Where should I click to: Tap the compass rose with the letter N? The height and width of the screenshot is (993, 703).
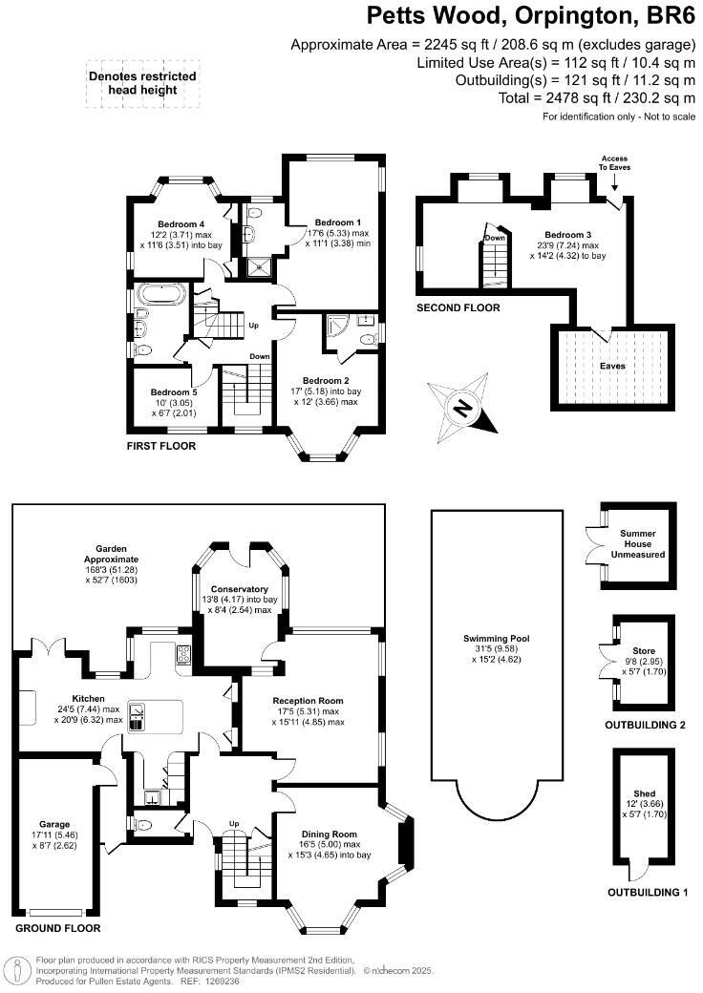[x=463, y=409]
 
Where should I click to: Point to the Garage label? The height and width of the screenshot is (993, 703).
[x=54, y=823]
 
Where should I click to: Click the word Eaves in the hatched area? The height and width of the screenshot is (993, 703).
[x=612, y=365]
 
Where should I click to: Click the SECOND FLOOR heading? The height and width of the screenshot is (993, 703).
[x=458, y=308]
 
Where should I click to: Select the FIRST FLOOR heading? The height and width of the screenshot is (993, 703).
[x=161, y=446]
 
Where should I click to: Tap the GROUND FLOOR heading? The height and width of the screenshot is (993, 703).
[x=57, y=928]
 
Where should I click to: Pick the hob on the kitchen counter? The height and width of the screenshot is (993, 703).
[x=183, y=655]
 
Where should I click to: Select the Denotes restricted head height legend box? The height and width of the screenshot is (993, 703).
[x=142, y=83]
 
